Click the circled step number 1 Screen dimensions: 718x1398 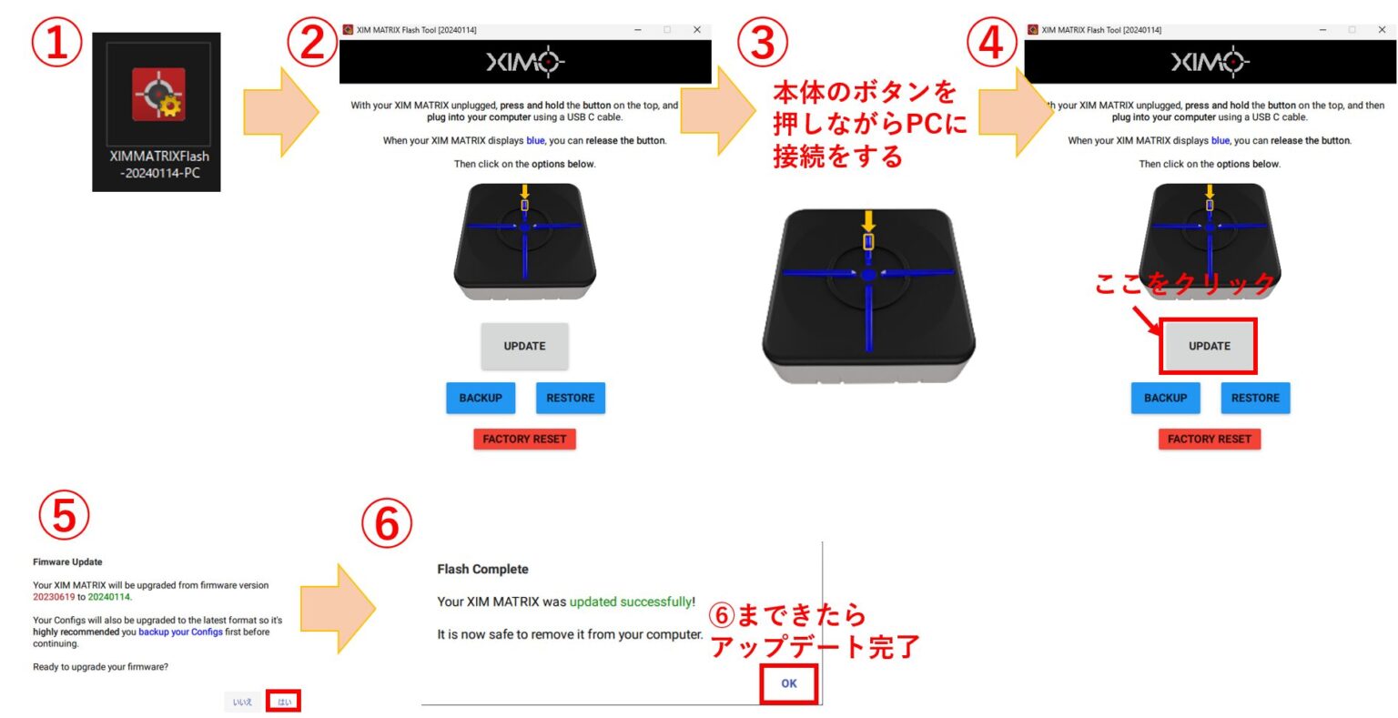pos(57,45)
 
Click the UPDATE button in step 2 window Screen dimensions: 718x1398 pos(524,346)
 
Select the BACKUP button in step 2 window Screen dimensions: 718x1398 pos(481,398)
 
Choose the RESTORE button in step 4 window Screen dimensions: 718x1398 pos(1255,398)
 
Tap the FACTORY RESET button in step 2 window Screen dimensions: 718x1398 pos(524,439)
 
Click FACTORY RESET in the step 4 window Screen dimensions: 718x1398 pos(1209,439)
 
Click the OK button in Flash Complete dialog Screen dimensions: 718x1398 pos(788,683)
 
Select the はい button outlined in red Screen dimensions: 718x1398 pos(284,702)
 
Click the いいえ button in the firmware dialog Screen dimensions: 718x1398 pos(242,702)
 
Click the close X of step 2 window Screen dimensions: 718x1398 pos(697,30)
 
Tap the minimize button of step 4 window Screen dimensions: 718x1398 pos(1322,30)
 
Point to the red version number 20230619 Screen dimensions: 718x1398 pos(54,597)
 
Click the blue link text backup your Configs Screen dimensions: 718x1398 pos(180,632)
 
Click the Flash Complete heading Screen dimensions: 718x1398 pos(482,569)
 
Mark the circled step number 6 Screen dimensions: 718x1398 pos(387,525)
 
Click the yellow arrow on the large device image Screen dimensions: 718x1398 pos(868,221)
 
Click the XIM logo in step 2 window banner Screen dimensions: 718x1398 pos(525,62)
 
